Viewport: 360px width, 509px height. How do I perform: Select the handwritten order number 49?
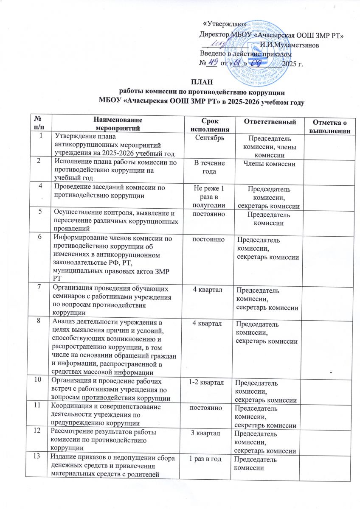point(211,63)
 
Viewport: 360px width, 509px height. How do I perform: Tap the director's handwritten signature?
point(225,43)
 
